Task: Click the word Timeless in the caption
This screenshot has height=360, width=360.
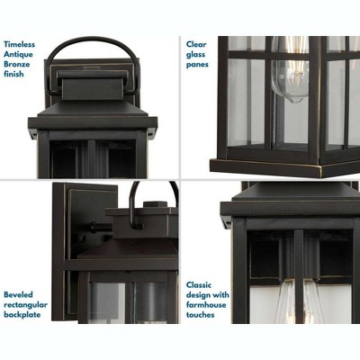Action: pos(21,42)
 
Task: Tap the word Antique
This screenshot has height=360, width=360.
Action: pos(20,53)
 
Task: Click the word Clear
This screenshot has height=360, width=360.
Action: pos(196,42)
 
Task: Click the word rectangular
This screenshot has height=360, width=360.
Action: pos(26,304)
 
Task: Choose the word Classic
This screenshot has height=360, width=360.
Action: pos(200,283)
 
